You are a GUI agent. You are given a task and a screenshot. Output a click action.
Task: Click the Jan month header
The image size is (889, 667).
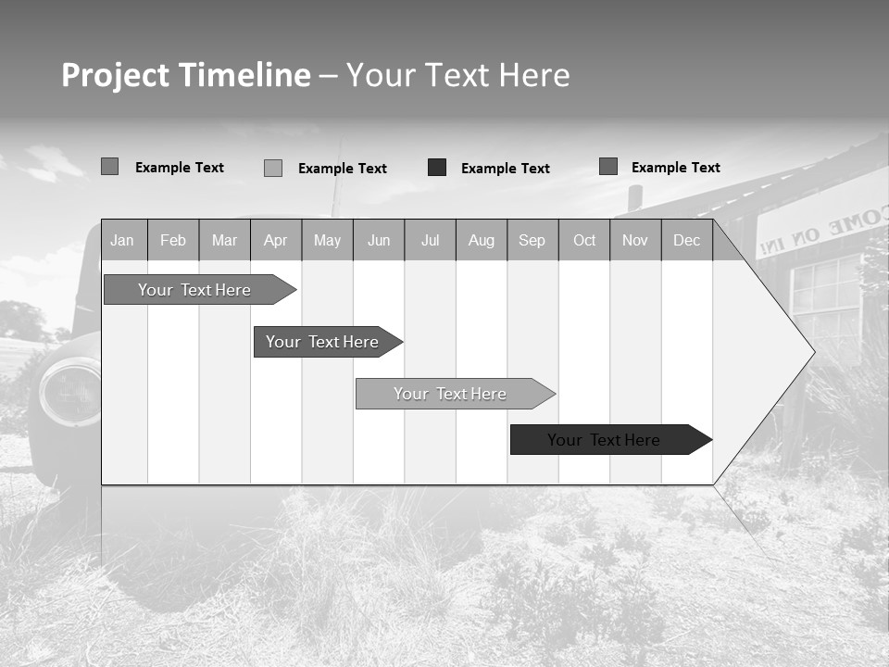pyautogui.click(x=122, y=240)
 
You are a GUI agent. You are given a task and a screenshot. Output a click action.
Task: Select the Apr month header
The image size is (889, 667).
pyautogui.click(x=275, y=240)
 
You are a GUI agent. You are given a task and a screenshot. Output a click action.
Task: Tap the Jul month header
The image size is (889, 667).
pyautogui.click(x=430, y=240)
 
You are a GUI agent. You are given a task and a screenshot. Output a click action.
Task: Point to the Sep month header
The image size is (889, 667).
pyautogui.click(x=532, y=240)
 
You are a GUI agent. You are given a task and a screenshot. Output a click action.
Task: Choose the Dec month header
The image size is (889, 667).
pyautogui.click(x=686, y=240)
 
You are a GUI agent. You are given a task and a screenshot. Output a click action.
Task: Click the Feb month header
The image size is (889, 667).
pyautogui.click(x=173, y=240)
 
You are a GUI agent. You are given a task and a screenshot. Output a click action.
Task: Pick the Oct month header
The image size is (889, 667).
pyautogui.click(x=584, y=240)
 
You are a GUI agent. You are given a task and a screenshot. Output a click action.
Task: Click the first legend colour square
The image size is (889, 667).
pyautogui.click(x=109, y=167)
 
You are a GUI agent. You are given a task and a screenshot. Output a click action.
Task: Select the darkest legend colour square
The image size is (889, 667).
pyautogui.click(x=437, y=168)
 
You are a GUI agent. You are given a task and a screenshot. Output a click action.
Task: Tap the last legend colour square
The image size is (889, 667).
pyautogui.click(x=607, y=167)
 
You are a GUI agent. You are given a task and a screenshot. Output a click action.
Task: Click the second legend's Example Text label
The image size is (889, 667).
pyautogui.click(x=342, y=169)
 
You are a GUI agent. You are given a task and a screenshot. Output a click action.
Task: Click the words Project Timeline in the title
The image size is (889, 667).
pyautogui.click(x=185, y=75)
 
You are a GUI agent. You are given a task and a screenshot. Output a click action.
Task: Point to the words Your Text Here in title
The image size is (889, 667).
pyautogui.click(x=457, y=75)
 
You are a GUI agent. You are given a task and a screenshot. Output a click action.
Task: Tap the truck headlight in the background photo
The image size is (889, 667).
pyautogui.click(x=69, y=392)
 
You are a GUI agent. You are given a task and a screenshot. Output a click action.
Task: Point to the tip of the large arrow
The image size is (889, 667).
pyautogui.click(x=813, y=352)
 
